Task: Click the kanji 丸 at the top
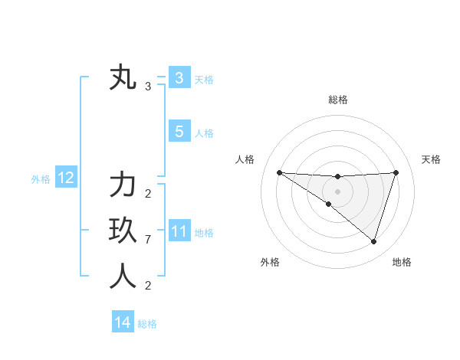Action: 123,78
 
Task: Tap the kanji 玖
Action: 123,230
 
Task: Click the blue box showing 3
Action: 179,77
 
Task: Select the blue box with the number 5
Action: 179,132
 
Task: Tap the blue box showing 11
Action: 179,231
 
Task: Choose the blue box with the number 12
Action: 66,178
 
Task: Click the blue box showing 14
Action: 123,322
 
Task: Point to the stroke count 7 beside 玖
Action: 148,240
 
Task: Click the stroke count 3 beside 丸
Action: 148,87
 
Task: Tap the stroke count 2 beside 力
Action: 148,194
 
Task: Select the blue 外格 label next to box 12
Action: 41,179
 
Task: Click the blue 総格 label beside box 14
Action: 147,323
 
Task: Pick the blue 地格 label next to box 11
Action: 204,232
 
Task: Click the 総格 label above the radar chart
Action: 337,100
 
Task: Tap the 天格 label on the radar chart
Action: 431,159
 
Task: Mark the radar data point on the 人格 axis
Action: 279,172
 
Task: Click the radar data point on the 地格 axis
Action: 373,241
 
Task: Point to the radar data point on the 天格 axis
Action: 396,172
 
